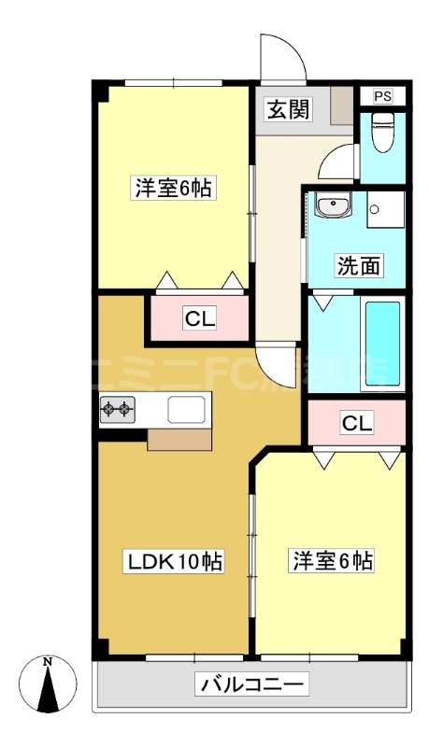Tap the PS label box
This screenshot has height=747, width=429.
(x=383, y=96)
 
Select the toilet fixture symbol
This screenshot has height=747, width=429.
(x=382, y=134)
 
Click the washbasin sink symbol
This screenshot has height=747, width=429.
(x=331, y=206)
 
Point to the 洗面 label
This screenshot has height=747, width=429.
(x=359, y=266)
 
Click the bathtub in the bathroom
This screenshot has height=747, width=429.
(x=381, y=345)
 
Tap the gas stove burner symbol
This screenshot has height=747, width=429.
(x=118, y=408)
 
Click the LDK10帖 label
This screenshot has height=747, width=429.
(x=174, y=562)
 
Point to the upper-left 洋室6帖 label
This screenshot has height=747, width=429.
(x=171, y=188)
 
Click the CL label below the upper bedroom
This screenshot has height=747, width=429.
(x=199, y=319)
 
